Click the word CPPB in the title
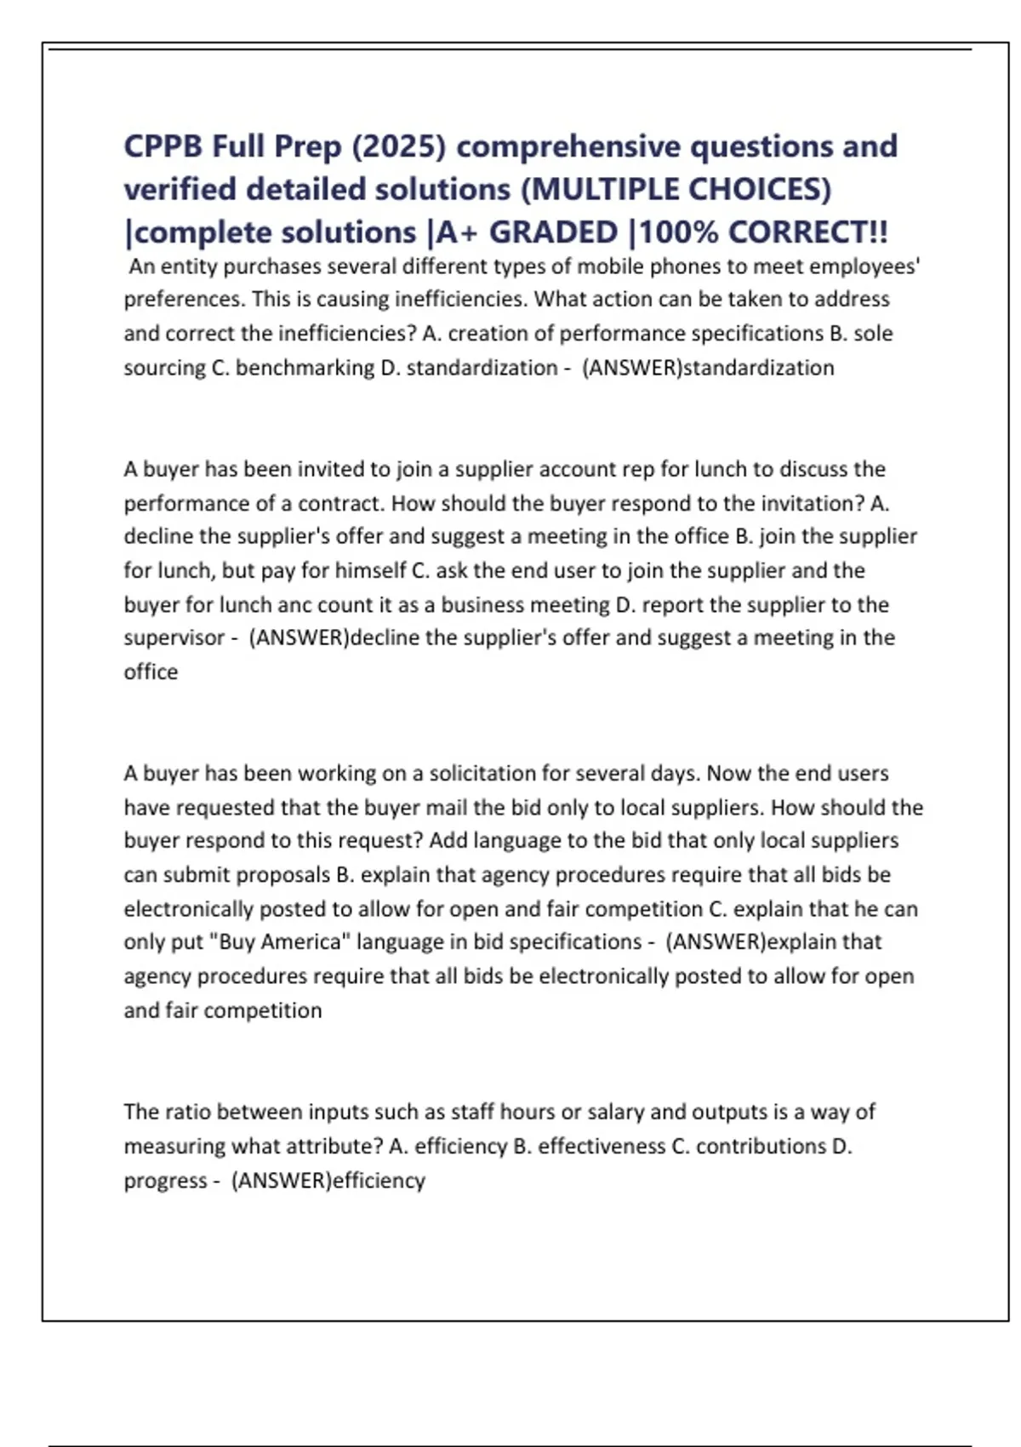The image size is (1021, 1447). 163,146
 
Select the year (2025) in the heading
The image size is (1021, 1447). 398,146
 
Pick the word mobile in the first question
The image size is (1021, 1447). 610,267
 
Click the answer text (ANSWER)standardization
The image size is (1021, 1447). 708,368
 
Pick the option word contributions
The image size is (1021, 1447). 761,1147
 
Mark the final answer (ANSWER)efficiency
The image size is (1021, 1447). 328,1181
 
